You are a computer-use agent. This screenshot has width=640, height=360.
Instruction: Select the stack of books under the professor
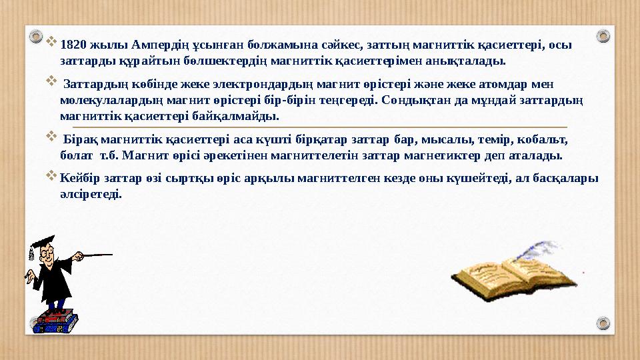pyautogui.click(x=57, y=322)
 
